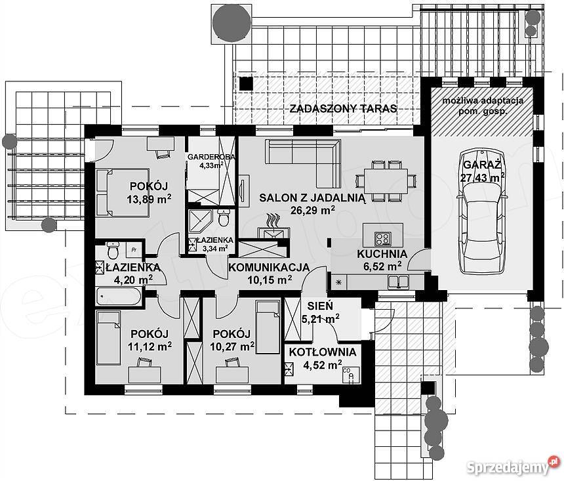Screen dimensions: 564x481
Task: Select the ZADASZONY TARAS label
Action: pyautogui.click(x=343, y=108)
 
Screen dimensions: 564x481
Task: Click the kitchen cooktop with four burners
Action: pyautogui.click(x=382, y=238)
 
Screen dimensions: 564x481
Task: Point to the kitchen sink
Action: pyautogui.click(x=399, y=282)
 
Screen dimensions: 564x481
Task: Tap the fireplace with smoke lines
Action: pyautogui.click(x=273, y=228)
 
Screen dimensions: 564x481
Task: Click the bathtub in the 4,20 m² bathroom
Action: pyautogui.click(x=118, y=297)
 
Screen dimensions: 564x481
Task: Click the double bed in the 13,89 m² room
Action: pyautogui.click(x=122, y=193)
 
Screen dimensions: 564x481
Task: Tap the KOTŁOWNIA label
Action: pyautogui.click(x=323, y=352)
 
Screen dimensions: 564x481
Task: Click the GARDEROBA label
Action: pyautogui.click(x=211, y=157)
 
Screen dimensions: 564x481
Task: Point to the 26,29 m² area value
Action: pyautogui.click(x=313, y=210)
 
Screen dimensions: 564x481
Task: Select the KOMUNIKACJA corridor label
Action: pyautogui.click(x=269, y=268)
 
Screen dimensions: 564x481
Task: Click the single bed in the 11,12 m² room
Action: pyautogui.click(x=108, y=338)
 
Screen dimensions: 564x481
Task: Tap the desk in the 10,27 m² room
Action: pyautogui.click(x=232, y=375)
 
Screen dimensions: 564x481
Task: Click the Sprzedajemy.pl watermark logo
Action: pyautogui.click(x=514, y=467)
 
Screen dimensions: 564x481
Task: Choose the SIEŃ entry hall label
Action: pyautogui.click(x=320, y=306)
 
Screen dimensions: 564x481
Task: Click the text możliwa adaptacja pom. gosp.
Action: pyautogui.click(x=483, y=106)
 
